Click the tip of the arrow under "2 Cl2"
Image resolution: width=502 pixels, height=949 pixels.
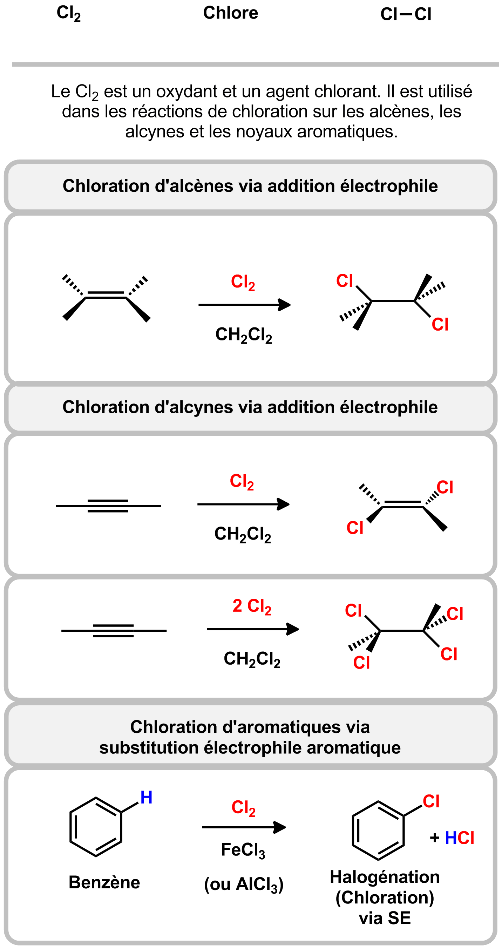pyautogui.click(x=299, y=629)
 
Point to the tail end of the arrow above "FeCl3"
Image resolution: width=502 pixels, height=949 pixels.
pyautogui.click(x=203, y=827)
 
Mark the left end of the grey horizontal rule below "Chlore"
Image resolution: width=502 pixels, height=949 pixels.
pyautogui.click(x=12, y=65)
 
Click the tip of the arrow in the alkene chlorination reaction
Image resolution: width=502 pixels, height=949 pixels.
pyautogui.click(x=291, y=305)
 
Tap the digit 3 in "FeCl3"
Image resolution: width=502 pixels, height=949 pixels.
pyautogui.click(x=262, y=854)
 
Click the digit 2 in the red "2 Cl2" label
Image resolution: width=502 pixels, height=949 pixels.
pyautogui.click(x=237, y=606)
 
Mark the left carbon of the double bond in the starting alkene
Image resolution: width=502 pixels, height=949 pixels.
pyautogui.click(x=86, y=297)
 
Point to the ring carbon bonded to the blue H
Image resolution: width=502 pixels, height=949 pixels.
pyautogui.click(x=121, y=812)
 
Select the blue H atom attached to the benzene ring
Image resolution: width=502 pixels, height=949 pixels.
pyautogui.click(x=146, y=798)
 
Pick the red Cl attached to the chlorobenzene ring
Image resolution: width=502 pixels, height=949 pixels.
pyautogui.click(x=431, y=802)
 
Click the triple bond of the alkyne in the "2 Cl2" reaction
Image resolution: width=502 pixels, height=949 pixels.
pyautogui.click(x=114, y=631)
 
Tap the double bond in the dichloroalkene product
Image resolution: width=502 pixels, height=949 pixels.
pyautogui.click(x=402, y=505)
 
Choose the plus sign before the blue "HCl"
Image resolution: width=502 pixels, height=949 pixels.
pyautogui.click(x=435, y=838)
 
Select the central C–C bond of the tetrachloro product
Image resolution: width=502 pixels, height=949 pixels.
pyautogui.click(x=401, y=631)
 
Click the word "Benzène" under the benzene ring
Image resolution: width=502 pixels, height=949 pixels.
pyautogui.click(x=104, y=883)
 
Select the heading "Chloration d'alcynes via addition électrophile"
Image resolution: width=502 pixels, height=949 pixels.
pyautogui.click(x=250, y=407)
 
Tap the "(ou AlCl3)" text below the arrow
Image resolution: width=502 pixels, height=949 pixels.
pyautogui.click(x=244, y=884)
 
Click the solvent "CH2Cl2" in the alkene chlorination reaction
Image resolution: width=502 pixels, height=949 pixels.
pyautogui.click(x=244, y=335)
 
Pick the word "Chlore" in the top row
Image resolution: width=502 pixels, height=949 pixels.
pyautogui.click(x=231, y=13)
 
